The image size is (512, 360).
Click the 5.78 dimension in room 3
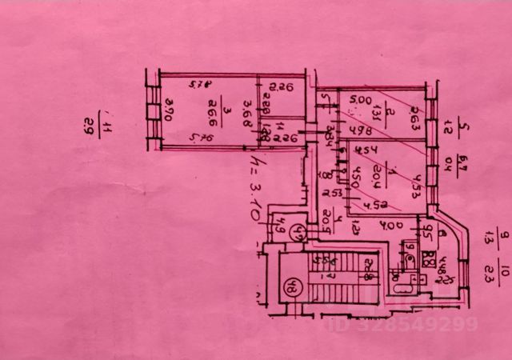(198, 82)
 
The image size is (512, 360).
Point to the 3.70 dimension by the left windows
(168, 110)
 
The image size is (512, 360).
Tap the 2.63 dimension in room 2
(415, 122)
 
